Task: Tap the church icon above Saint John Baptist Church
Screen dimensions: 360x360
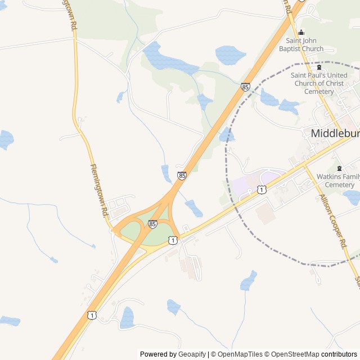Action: (x=301, y=32)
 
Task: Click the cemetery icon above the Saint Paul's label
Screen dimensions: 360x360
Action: (x=319, y=67)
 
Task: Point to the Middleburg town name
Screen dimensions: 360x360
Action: (x=335, y=133)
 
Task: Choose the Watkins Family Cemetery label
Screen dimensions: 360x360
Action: (x=336, y=181)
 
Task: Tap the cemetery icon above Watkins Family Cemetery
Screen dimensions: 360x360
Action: (x=339, y=168)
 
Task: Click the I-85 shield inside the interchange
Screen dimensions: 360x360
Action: (x=152, y=224)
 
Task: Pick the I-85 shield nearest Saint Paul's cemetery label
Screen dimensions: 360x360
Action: (x=245, y=87)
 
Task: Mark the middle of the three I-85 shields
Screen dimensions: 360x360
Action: (x=182, y=175)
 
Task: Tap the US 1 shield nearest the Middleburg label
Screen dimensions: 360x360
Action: (x=262, y=190)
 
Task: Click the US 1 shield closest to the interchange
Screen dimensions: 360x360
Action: (x=173, y=240)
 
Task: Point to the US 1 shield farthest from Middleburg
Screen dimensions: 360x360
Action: (x=91, y=315)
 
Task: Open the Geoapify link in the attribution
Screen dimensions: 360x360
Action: (x=191, y=354)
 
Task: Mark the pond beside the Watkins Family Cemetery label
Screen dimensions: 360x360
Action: (x=352, y=197)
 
